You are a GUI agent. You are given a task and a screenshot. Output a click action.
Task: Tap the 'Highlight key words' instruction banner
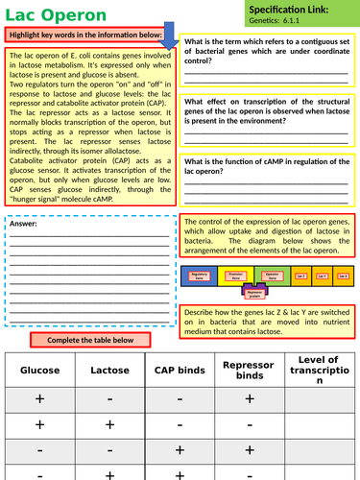[90, 36]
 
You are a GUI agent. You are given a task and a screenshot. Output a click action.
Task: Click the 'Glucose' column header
[40, 369]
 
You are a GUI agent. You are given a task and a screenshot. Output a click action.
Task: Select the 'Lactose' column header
[109, 369]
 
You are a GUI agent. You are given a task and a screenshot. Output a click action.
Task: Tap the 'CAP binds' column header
[179, 369]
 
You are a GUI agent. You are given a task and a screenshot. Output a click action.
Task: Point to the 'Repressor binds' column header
[248, 369]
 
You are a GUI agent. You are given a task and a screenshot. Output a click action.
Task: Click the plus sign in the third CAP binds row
[179, 449]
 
